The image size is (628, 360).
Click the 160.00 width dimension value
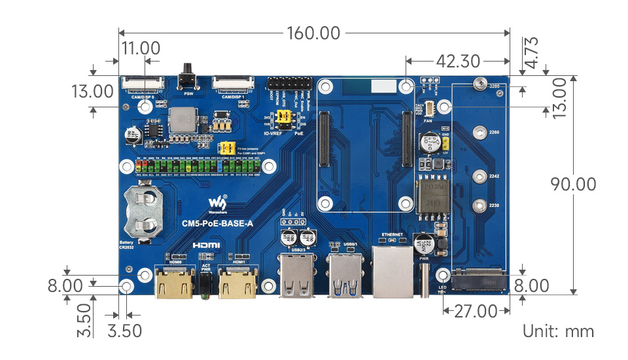312,33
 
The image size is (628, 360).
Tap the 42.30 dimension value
458,62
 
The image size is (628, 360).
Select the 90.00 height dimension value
573,185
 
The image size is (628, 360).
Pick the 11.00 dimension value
141,48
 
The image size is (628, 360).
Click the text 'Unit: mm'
558,331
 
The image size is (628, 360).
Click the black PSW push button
188,78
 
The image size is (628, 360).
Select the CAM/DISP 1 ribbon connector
233,84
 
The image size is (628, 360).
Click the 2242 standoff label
494,177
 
